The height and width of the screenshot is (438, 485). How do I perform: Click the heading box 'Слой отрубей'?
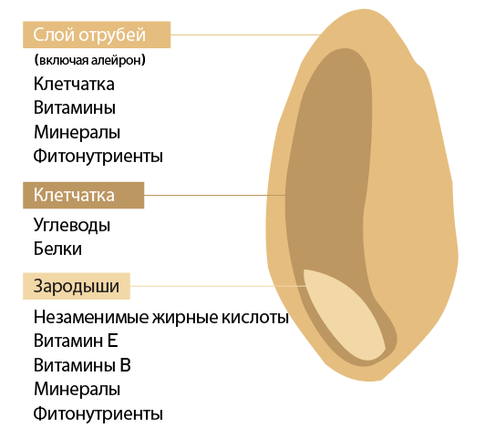click(x=97, y=35)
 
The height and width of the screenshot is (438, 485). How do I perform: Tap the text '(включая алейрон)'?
click(x=89, y=60)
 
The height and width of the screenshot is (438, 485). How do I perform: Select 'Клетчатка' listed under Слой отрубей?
click(x=74, y=84)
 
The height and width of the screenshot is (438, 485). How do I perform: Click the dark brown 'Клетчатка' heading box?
click(x=84, y=195)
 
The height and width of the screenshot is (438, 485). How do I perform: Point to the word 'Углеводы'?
click(x=72, y=226)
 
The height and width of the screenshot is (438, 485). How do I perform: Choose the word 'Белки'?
click(x=57, y=249)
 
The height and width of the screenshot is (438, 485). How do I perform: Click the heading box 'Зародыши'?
click(x=77, y=286)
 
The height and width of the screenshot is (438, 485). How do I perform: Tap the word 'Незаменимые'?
click(x=91, y=317)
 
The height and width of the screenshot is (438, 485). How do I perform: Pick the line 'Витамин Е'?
click(x=76, y=341)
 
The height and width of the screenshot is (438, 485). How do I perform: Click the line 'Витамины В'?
click(x=82, y=365)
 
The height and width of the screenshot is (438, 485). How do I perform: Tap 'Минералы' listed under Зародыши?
click(x=77, y=389)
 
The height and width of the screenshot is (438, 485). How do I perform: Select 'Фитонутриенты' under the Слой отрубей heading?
click(x=98, y=156)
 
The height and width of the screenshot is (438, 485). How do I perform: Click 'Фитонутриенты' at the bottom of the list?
click(x=98, y=413)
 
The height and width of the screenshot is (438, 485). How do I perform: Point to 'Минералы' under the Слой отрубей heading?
click(x=77, y=132)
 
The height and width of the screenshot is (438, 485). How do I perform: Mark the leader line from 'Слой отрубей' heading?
click(x=245, y=35)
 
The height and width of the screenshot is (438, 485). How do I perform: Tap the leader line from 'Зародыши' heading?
click(x=218, y=286)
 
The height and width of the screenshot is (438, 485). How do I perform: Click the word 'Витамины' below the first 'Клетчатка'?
click(x=75, y=107)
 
